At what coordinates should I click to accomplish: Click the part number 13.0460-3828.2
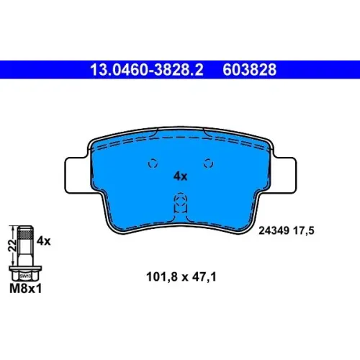[147, 70]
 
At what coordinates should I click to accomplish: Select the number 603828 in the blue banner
[250, 70]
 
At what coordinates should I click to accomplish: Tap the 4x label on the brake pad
[180, 176]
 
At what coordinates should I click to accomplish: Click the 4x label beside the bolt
[44, 240]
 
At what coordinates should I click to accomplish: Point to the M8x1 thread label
[25, 289]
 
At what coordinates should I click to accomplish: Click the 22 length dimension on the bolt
[12, 245]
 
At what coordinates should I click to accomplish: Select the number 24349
[274, 230]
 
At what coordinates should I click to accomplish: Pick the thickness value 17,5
[304, 230]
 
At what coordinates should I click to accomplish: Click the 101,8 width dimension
[162, 276]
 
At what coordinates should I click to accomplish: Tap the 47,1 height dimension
[204, 276]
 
